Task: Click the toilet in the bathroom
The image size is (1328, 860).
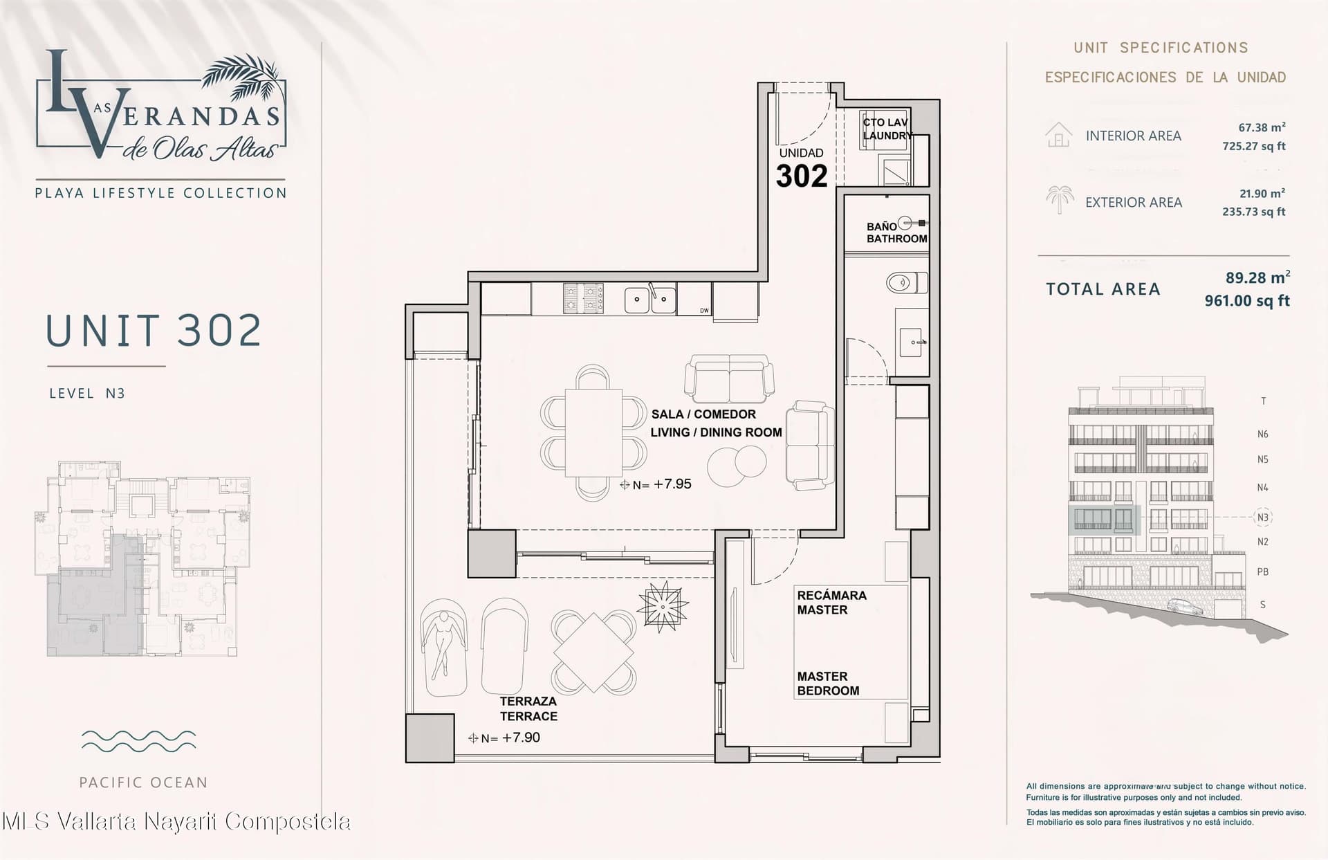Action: pyautogui.click(x=907, y=282)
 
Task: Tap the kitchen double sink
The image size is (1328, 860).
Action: pyautogui.click(x=650, y=300)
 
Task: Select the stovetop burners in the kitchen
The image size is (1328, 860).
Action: pyautogui.click(x=583, y=299)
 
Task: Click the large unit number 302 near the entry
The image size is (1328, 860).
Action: pyautogui.click(x=802, y=176)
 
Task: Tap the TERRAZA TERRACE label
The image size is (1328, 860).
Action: pyautogui.click(x=528, y=709)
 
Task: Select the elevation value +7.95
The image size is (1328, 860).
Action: pyautogui.click(x=672, y=484)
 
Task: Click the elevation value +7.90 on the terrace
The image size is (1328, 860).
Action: pyautogui.click(x=521, y=738)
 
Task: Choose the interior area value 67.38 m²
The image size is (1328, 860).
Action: pyautogui.click(x=1262, y=127)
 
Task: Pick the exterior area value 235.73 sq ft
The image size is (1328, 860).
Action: pyautogui.click(x=1253, y=212)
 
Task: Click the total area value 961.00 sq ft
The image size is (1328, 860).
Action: pyautogui.click(x=1247, y=301)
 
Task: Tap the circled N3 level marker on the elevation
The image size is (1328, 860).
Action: pyautogui.click(x=1263, y=517)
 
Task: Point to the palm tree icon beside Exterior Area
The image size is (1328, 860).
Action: pyautogui.click(x=1059, y=199)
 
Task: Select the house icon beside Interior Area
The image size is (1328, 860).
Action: pyautogui.click(x=1058, y=135)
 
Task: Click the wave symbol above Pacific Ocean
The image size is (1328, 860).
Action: pyautogui.click(x=138, y=741)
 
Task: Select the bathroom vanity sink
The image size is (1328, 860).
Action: pyautogui.click(x=912, y=342)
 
